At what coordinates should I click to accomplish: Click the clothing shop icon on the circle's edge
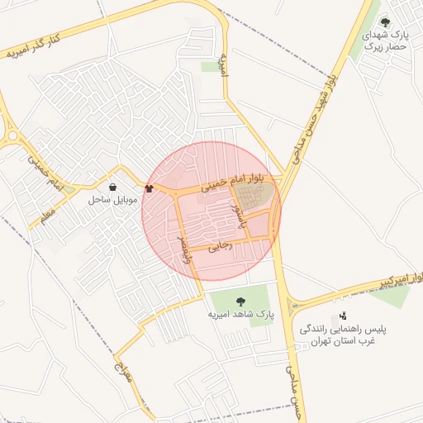[x=149, y=188]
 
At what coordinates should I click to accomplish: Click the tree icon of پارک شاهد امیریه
[x=240, y=302]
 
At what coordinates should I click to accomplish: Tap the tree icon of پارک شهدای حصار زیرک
[x=384, y=22]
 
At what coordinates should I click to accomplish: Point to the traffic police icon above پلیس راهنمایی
[x=343, y=316]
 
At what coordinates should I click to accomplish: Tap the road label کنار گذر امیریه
[x=35, y=45]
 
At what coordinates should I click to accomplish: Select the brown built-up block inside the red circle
[x=253, y=197]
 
